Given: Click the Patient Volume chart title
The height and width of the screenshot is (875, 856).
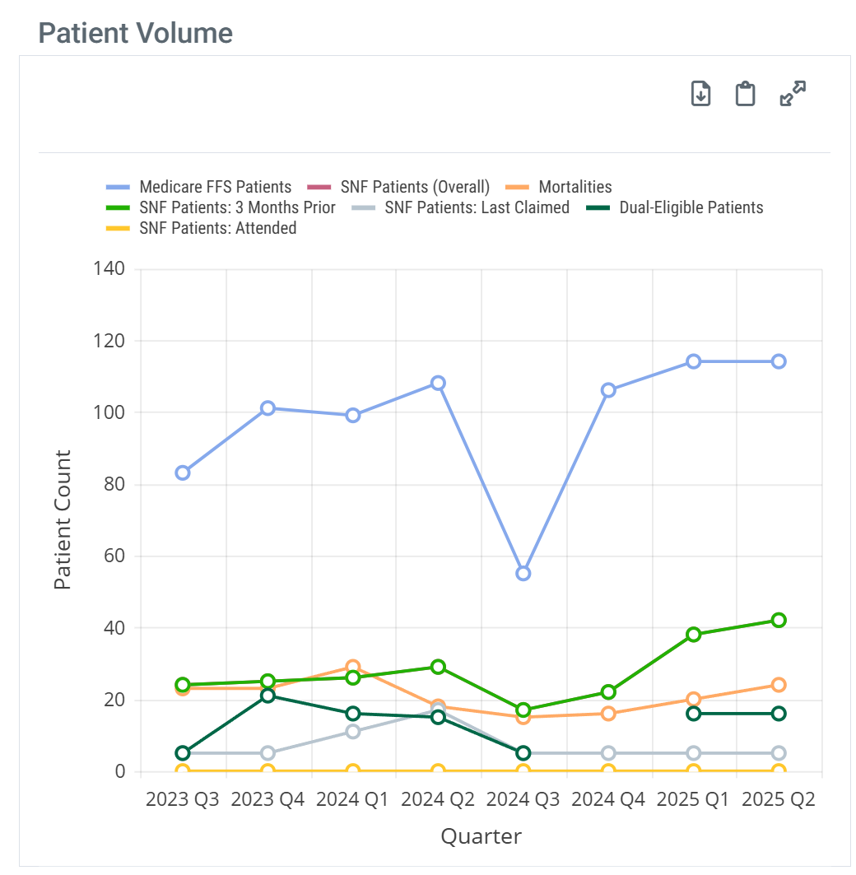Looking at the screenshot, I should (136, 34).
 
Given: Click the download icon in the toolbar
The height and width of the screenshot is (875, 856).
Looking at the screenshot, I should (700, 94).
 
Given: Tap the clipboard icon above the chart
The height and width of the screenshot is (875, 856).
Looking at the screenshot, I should (745, 94).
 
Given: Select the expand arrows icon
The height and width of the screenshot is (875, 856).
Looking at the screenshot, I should (793, 94).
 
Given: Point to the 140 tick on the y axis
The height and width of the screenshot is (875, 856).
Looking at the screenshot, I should (109, 268).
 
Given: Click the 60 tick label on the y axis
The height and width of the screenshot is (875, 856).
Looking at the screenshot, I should (114, 556).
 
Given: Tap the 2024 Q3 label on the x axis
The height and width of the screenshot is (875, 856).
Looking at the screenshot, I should (523, 799).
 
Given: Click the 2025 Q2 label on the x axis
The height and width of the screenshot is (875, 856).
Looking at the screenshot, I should (778, 799).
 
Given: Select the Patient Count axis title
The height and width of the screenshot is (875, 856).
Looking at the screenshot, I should (63, 520).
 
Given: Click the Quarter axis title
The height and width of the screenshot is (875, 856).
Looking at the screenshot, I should (481, 837).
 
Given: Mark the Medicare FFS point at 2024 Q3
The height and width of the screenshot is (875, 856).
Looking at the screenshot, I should (523, 573).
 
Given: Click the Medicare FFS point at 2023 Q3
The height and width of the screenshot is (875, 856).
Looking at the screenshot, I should (183, 472).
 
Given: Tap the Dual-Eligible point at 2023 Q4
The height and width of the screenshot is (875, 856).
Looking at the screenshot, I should (267, 696).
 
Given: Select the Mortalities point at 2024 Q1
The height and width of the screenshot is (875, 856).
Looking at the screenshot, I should (353, 667).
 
